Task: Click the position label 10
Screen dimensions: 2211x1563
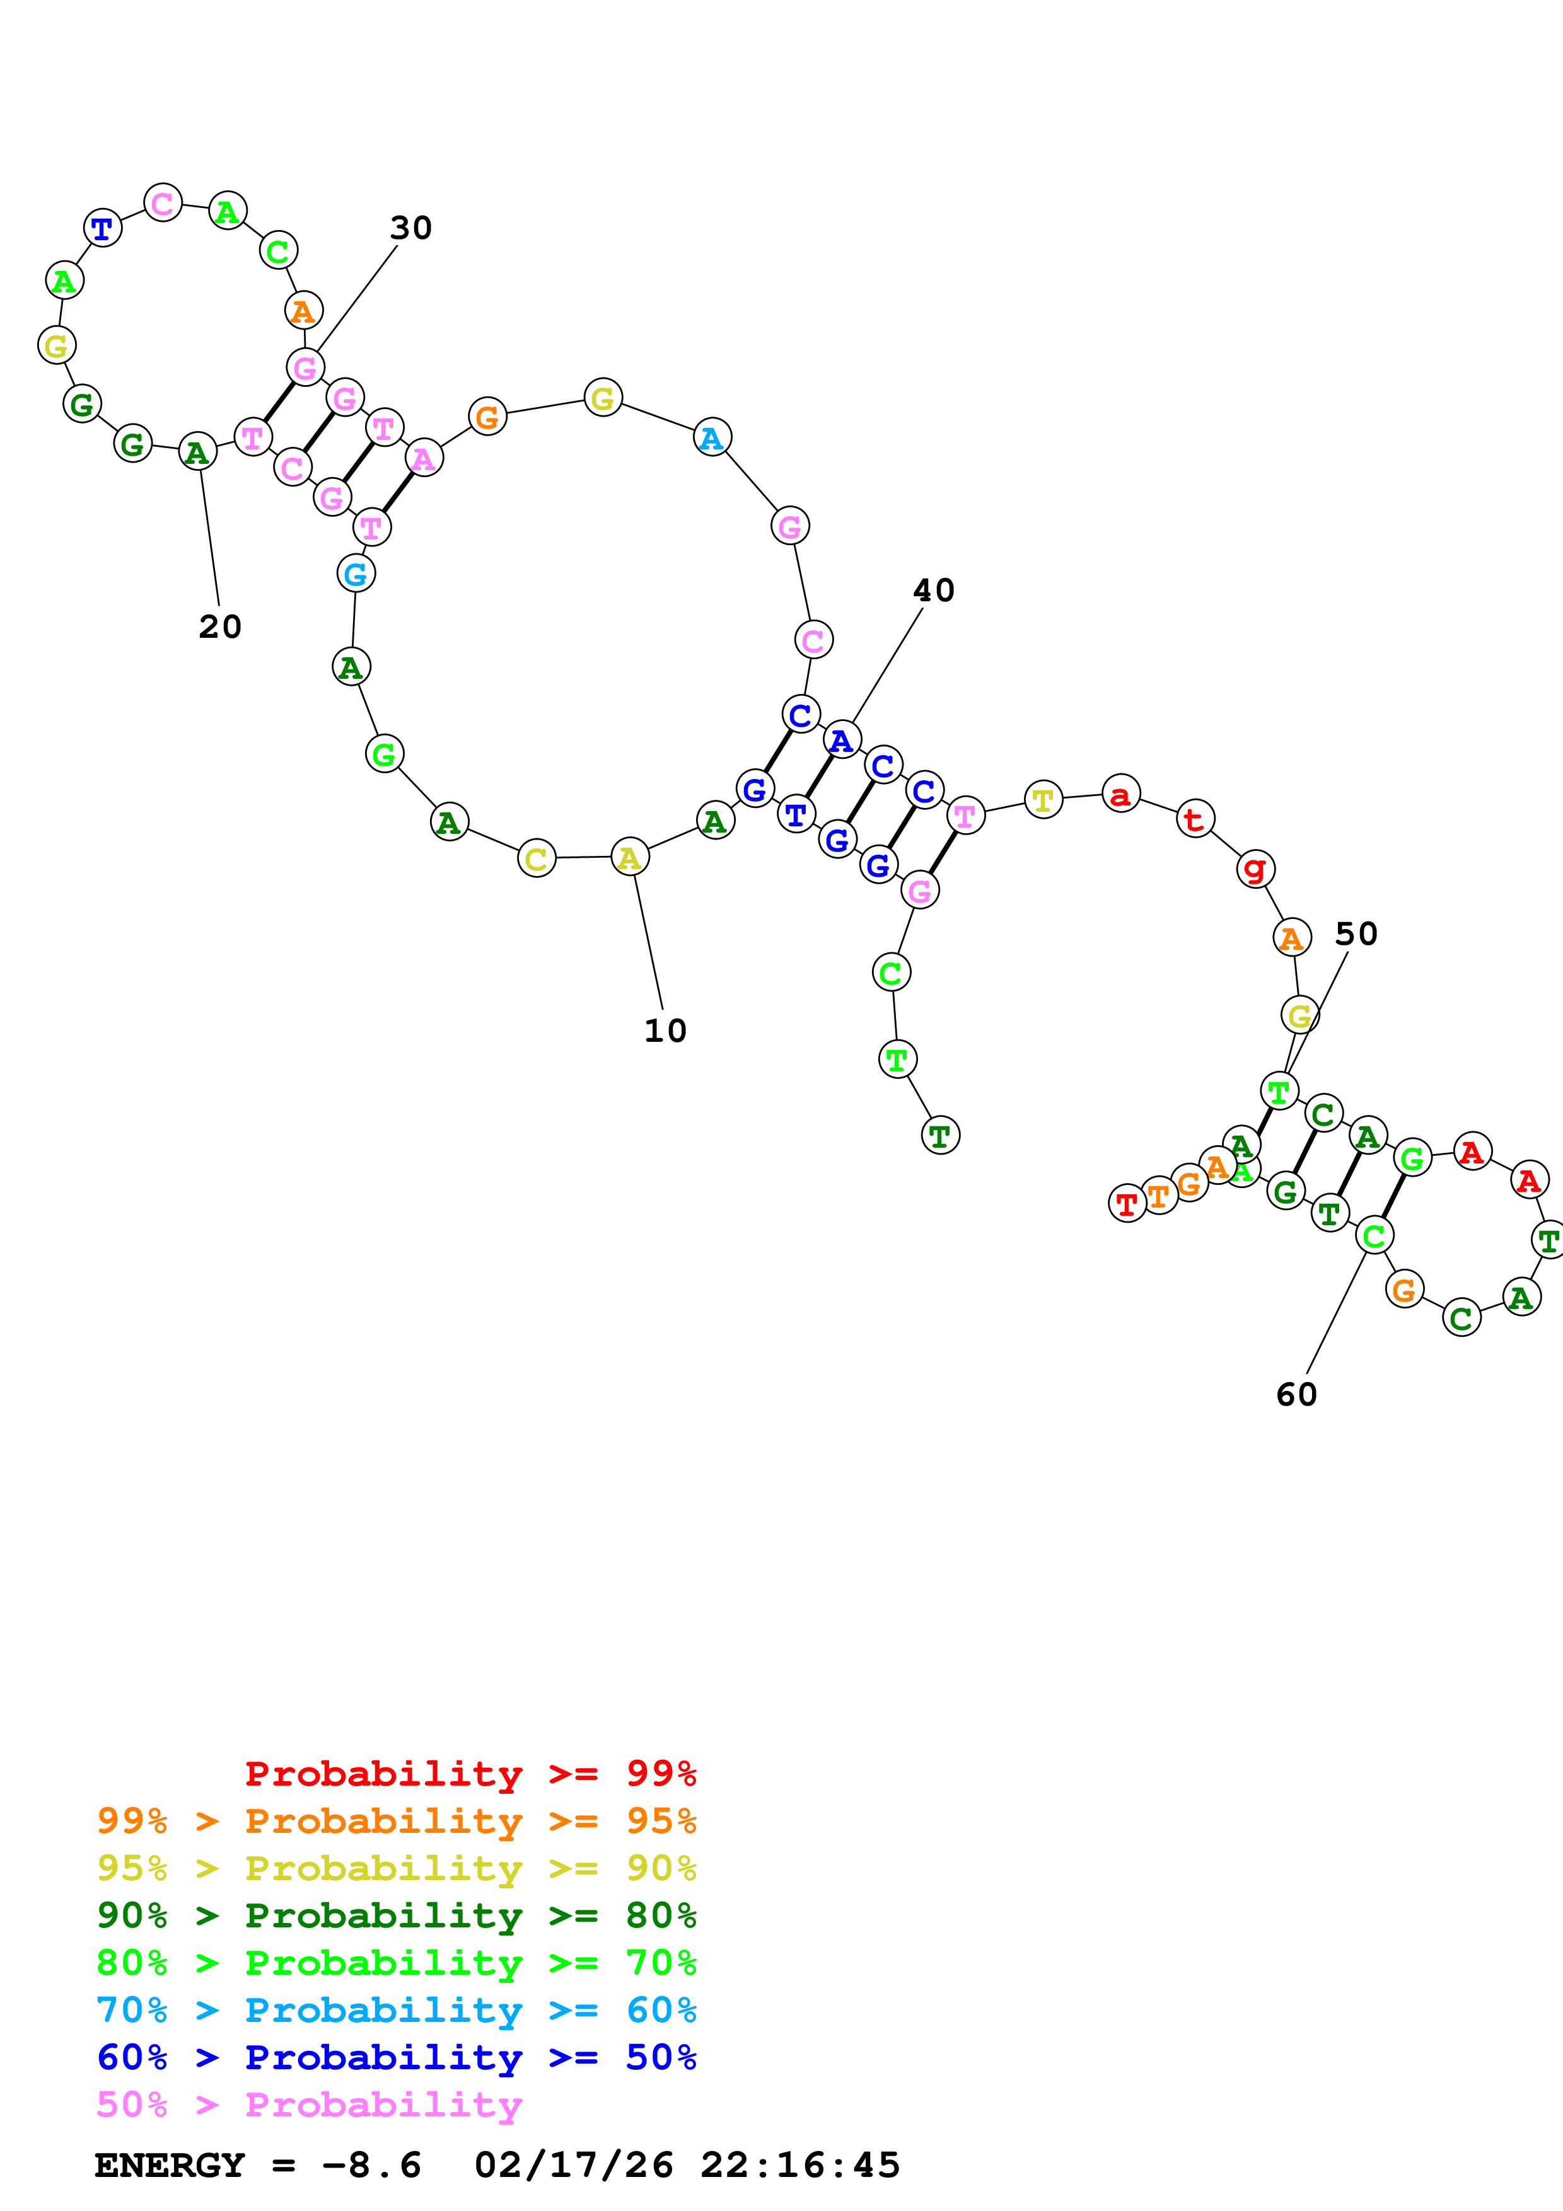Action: tap(665, 1031)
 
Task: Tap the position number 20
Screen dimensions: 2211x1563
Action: tap(219, 627)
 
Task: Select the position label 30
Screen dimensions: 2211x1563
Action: tap(410, 228)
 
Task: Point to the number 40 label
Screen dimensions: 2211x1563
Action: tap(933, 591)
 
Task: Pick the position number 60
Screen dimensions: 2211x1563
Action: tap(1296, 1394)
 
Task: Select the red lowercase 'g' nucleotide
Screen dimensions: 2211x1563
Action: tap(1255, 869)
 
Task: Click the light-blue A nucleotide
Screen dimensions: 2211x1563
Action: tap(712, 438)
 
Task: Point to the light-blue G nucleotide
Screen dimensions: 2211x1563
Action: tap(356, 575)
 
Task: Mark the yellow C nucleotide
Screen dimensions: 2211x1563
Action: tap(537, 858)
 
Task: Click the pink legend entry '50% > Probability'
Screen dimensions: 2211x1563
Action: tap(309, 2105)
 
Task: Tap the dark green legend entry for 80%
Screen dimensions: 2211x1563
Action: tap(396, 1916)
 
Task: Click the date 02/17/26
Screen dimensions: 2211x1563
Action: tap(574, 2166)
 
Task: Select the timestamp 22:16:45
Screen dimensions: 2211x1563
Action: tap(800, 2166)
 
